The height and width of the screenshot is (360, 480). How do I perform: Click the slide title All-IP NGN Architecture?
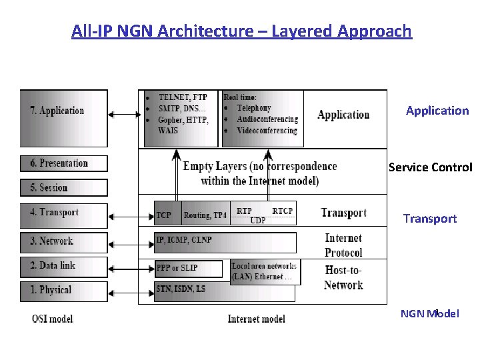pos(241,31)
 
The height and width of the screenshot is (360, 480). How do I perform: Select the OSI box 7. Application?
pos(63,118)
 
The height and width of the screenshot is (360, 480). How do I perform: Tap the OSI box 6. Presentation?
pos(63,163)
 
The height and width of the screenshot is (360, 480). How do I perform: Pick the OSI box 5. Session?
pos(63,187)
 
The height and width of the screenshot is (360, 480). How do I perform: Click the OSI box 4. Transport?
pos(63,215)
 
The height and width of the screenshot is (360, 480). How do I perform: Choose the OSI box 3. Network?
pos(63,241)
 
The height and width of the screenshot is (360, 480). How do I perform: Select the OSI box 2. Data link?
pos(63,266)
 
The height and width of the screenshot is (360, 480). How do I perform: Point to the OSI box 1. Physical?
pos(63,291)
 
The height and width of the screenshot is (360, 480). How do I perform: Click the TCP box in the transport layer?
pos(165,215)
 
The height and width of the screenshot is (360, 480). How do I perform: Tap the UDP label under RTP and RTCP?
pos(258,220)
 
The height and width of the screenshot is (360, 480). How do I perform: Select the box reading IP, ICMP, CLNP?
pos(224,242)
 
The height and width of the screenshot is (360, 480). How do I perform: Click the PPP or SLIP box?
pos(179,268)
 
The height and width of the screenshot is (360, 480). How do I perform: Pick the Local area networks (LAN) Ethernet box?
pos(265,271)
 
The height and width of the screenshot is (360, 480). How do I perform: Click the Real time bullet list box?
pos(262,118)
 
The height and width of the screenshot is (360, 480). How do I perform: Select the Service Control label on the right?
pos(431,167)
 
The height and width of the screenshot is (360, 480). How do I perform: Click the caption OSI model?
pos(53,319)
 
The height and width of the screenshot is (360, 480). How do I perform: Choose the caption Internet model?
pos(256,319)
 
